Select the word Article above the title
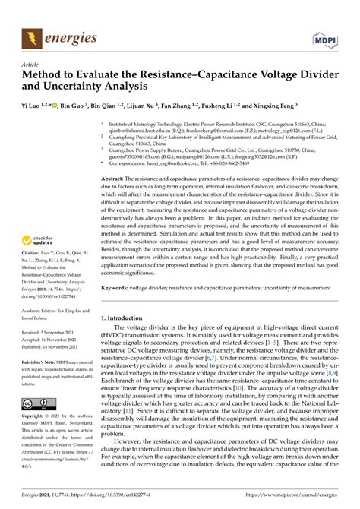pyautogui.click(x=31, y=66)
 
